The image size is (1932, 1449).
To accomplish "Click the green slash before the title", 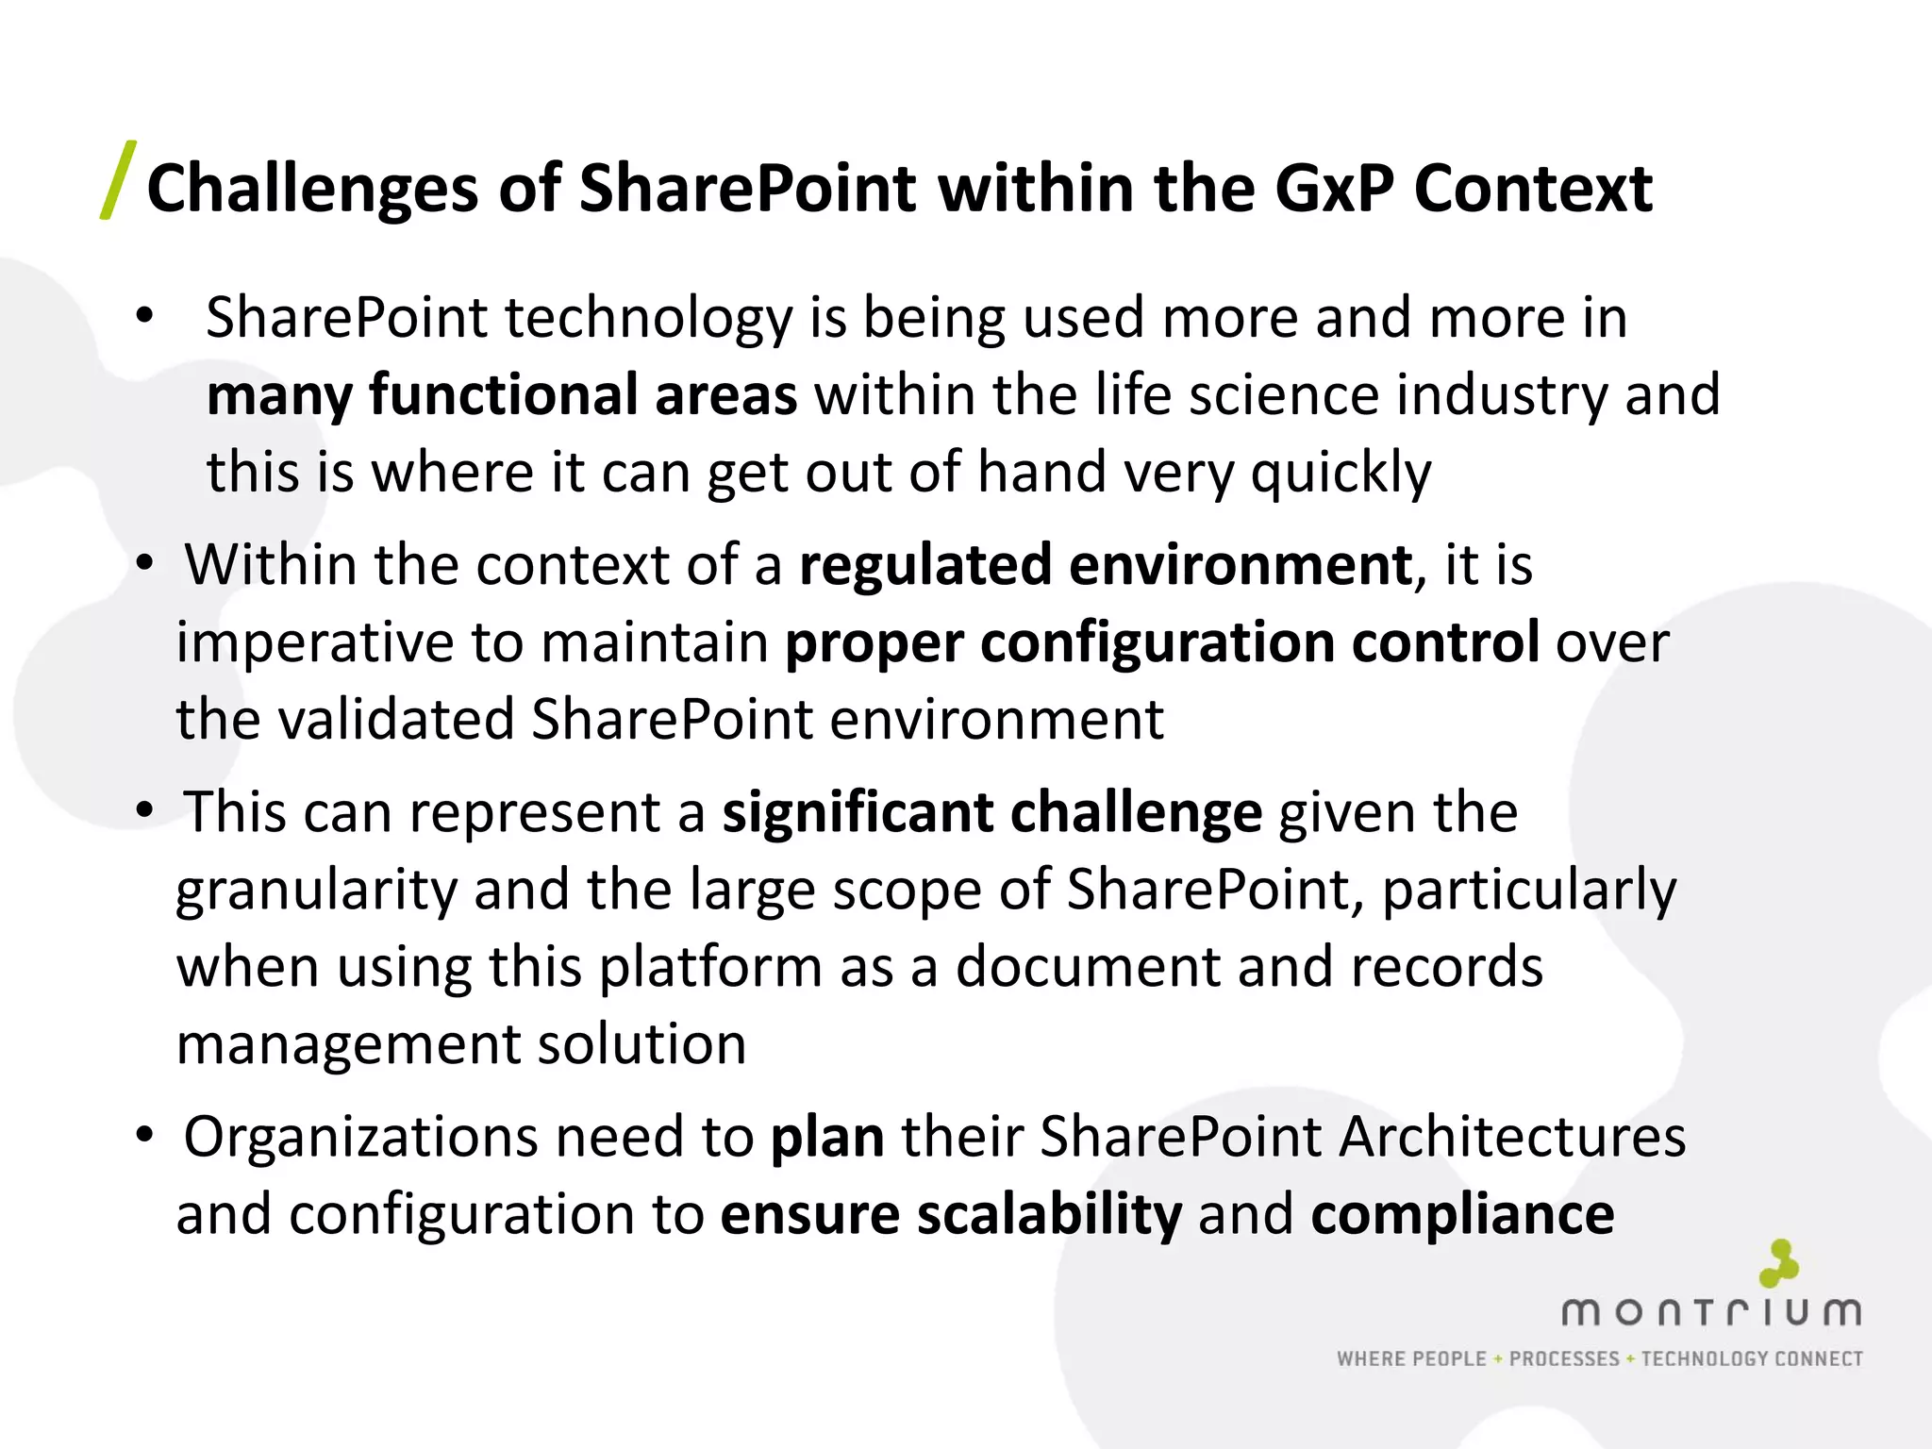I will point(118,180).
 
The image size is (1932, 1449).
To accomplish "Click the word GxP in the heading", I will point(1334,189).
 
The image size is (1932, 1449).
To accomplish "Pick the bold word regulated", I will point(924,566).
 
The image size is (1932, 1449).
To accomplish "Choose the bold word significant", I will point(858,813).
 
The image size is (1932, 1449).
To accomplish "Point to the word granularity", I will point(316,891).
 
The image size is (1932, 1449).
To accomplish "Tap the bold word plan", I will point(827,1139).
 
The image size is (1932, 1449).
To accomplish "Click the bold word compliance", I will point(1462,1216).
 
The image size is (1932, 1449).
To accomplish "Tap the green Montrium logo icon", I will point(1779,1263).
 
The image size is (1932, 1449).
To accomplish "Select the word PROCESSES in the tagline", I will point(1564,1359).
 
